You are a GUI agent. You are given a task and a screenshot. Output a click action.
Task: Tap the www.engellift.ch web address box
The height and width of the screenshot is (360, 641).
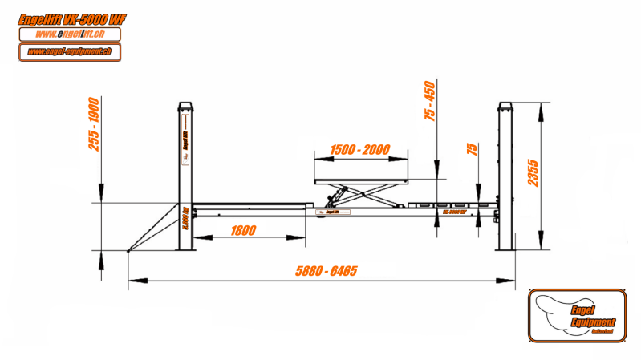pyautogui.click(x=70, y=34)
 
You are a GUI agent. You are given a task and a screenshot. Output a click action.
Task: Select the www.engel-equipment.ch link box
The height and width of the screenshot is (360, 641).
pyautogui.click(x=70, y=52)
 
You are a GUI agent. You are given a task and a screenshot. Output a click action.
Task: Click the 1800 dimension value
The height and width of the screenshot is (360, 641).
pyautogui.click(x=243, y=231)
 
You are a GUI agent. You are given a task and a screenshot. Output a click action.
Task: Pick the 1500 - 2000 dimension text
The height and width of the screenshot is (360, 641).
pyautogui.click(x=359, y=150)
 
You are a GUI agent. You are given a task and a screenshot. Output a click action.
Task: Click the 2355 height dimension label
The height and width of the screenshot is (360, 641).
pyautogui.click(x=532, y=172)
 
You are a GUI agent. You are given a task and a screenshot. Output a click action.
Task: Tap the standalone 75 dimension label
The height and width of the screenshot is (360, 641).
pyautogui.click(x=472, y=150)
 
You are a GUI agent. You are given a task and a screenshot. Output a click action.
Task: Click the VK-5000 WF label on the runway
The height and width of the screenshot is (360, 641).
pyautogui.click(x=456, y=212)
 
